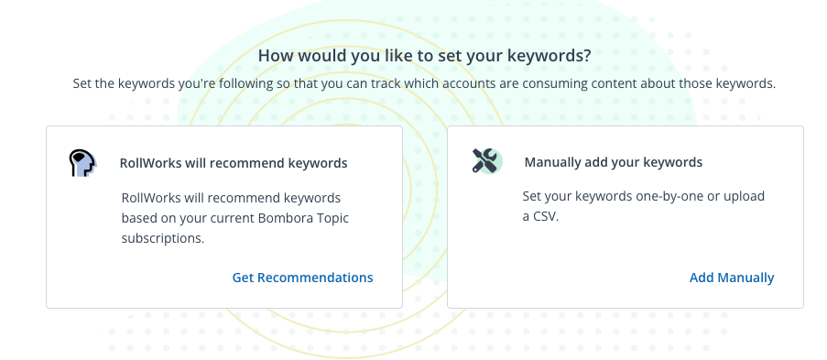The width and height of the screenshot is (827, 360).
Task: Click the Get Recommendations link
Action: click(x=303, y=278)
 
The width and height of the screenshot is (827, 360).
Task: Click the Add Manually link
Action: click(x=732, y=278)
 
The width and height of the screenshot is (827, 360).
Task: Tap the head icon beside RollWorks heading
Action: click(x=82, y=163)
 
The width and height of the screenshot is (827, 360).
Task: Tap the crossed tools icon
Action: click(x=487, y=161)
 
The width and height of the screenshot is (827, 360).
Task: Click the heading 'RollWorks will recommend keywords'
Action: click(x=234, y=163)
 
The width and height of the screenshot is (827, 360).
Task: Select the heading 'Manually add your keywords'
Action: click(x=614, y=162)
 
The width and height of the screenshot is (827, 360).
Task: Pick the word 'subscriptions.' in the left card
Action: click(x=163, y=238)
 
